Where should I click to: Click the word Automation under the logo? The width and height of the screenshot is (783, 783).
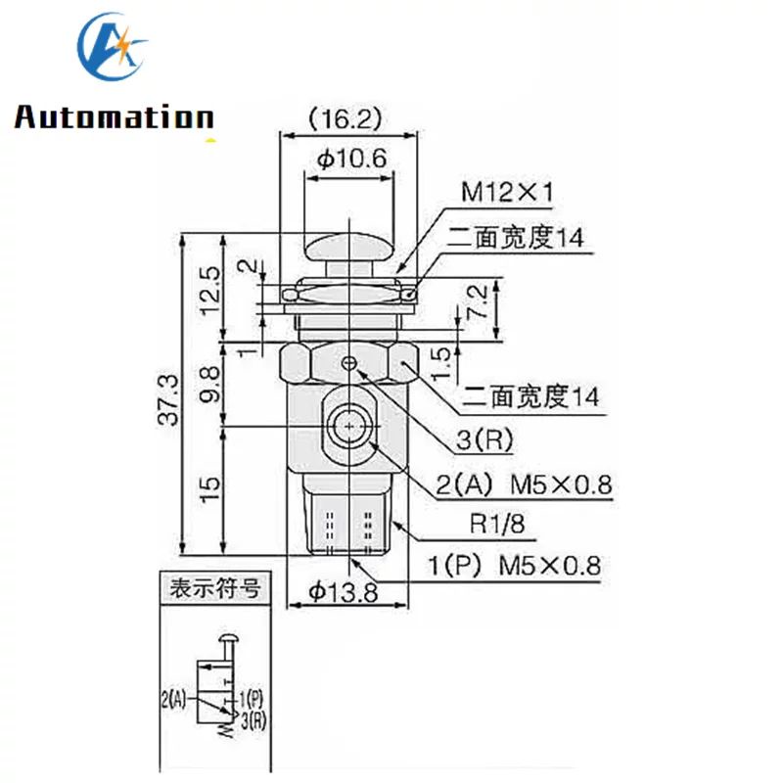(x=114, y=118)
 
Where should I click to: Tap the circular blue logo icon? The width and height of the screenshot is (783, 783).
(x=112, y=49)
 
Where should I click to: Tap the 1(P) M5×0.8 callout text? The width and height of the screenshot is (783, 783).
(x=514, y=565)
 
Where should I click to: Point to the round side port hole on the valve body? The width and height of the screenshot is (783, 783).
(x=350, y=426)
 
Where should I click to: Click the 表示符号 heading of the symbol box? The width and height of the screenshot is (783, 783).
(x=213, y=589)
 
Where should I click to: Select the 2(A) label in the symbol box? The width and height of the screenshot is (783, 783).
(x=173, y=699)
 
